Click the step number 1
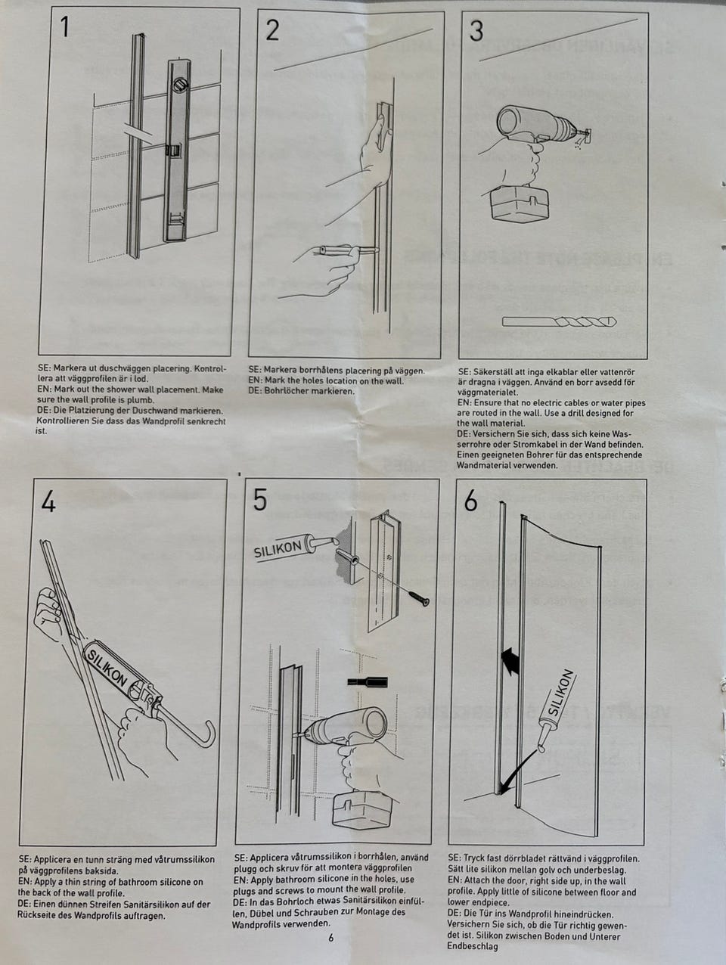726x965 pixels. pyautogui.click(x=65, y=28)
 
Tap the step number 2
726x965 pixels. pyautogui.click(x=272, y=29)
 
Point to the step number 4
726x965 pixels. pyautogui.click(x=48, y=501)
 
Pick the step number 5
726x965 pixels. pyautogui.click(x=260, y=500)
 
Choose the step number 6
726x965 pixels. pyautogui.click(x=471, y=501)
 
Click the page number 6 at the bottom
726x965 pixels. pyautogui.click(x=330, y=939)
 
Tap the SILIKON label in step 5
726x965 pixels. pyautogui.click(x=278, y=548)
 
